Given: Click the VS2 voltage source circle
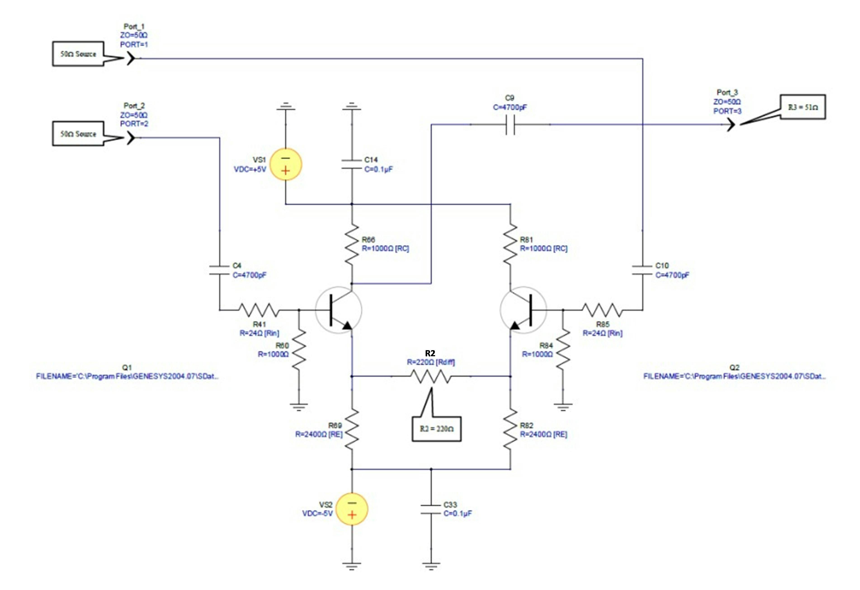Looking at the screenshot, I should tap(352, 509).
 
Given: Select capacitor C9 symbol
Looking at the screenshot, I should tap(510, 125).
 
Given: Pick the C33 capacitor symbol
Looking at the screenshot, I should tap(431, 509).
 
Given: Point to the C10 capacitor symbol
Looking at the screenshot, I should tap(642, 270).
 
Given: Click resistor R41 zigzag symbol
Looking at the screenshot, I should tap(259, 310).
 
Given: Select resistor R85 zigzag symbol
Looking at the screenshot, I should tap(602, 310).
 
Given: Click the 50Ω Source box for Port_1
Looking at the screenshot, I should tap(78, 54).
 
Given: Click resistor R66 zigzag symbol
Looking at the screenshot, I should tap(351, 244).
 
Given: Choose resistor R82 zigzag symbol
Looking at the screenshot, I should tap(511, 429).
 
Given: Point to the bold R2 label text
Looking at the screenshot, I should tap(430, 353).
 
